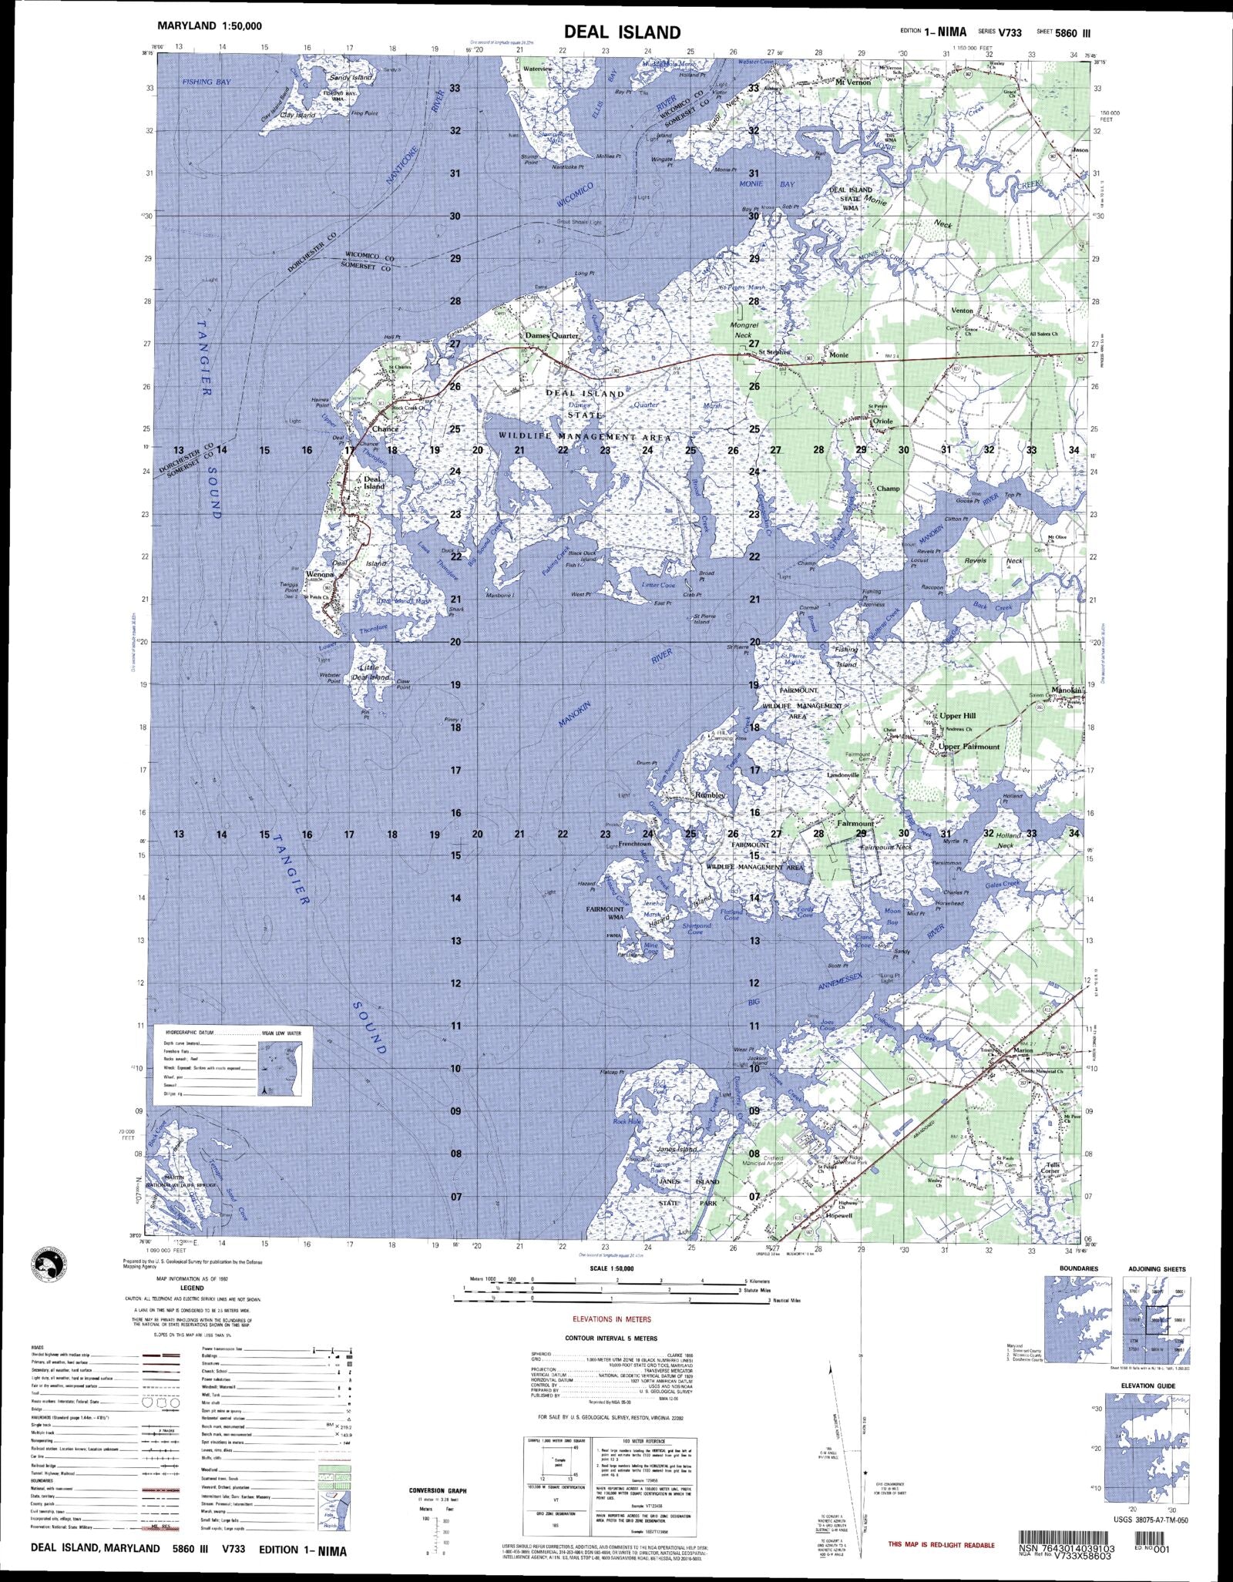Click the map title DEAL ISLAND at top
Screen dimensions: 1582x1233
pyautogui.click(x=622, y=32)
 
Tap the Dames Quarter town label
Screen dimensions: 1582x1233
pyautogui.click(x=552, y=336)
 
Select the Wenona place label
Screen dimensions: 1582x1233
pyautogui.click(x=319, y=575)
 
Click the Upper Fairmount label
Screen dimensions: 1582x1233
pyautogui.click(x=969, y=747)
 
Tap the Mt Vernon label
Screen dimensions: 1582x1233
pyautogui.click(x=854, y=82)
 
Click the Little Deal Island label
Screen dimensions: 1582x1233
pyautogui.click(x=371, y=673)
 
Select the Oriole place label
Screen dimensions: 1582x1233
pyautogui.click(x=882, y=422)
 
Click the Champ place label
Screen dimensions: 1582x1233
pyautogui.click(x=888, y=489)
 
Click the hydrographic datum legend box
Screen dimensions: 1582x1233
pyautogui.click(x=233, y=1064)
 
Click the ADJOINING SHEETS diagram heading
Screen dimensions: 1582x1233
pyautogui.click(x=1157, y=1269)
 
